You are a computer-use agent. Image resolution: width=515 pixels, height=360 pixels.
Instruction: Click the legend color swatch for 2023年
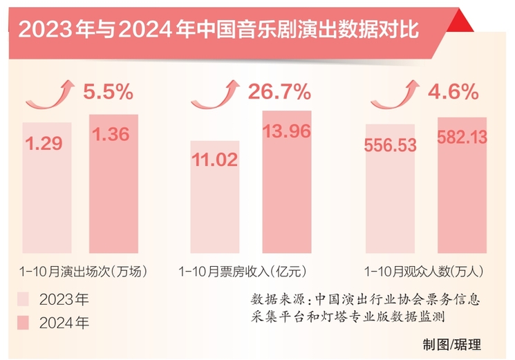tap(24, 299)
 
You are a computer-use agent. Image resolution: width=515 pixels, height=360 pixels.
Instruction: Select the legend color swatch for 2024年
tap(24, 322)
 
